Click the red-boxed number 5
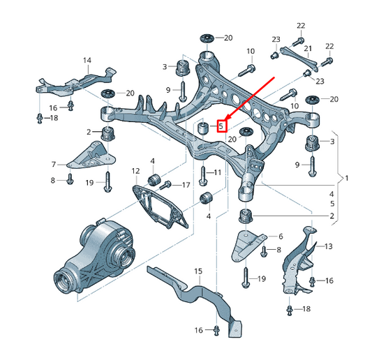pos(221,126)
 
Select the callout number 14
pos(87,61)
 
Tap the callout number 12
pos(135,171)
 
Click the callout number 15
pos(198,271)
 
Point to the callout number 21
pos(307,48)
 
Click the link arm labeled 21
pos(297,57)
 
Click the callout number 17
pos(186,185)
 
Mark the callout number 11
pos(218,172)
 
